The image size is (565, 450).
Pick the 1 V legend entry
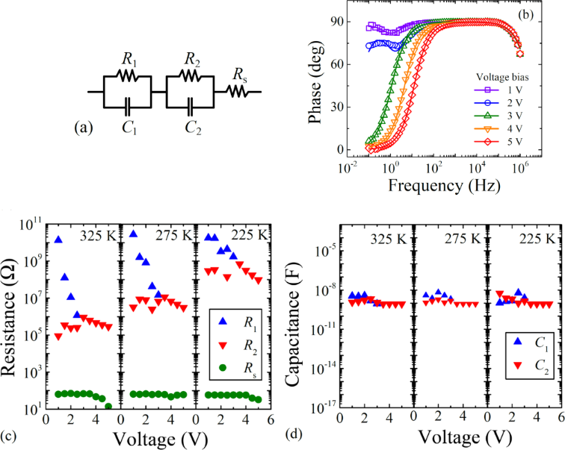493,89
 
